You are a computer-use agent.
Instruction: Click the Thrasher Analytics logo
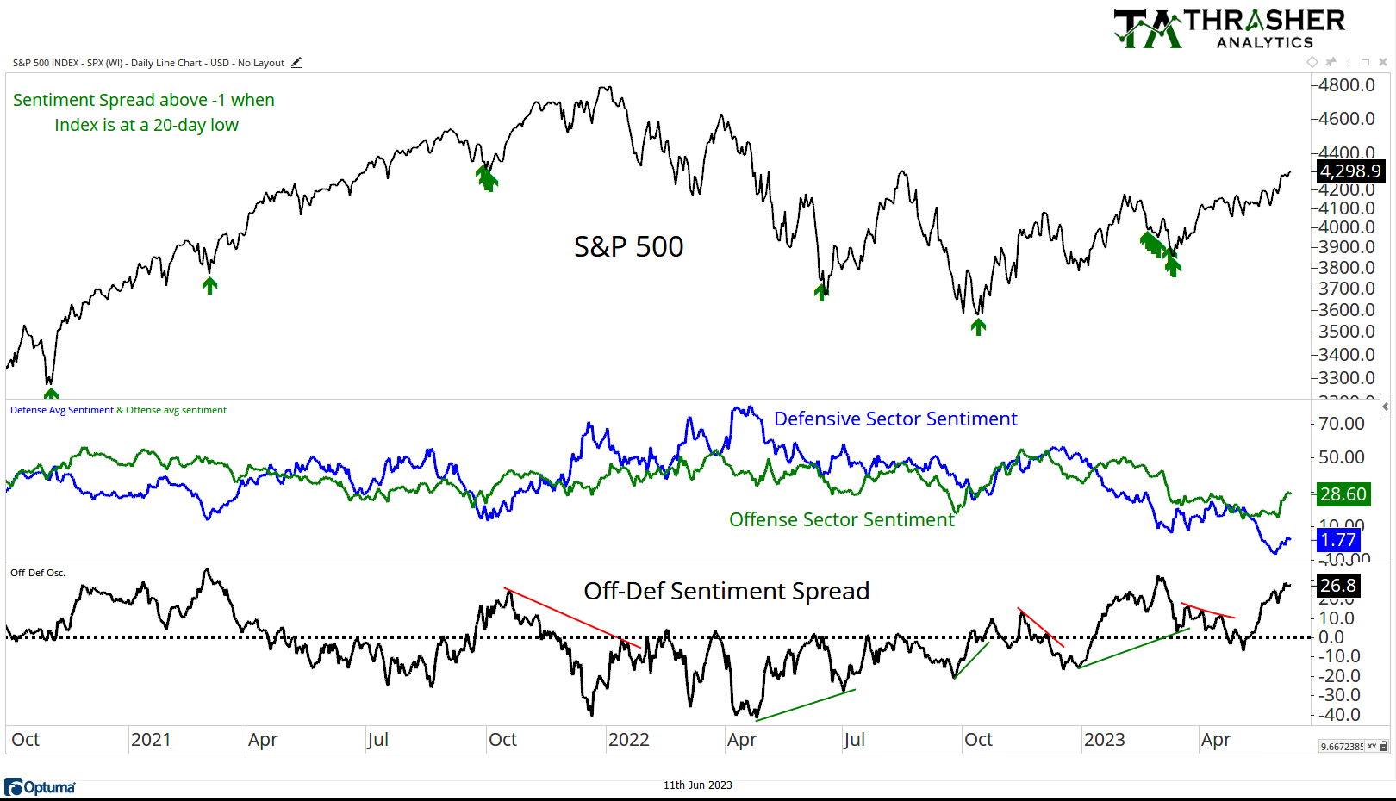click(1230, 28)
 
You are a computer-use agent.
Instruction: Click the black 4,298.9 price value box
click(1349, 171)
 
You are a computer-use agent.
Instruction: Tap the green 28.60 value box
click(1343, 494)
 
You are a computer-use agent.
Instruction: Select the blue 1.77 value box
click(1337, 540)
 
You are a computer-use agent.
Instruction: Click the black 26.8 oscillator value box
click(1337, 586)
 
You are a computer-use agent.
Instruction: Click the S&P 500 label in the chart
click(628, 247)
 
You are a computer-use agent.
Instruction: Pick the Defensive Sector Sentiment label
click(894, 419)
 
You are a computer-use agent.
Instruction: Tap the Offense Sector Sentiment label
click(841, 520)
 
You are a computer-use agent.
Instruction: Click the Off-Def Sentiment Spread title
click(726, 592)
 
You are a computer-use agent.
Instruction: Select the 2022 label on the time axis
click(628, 740)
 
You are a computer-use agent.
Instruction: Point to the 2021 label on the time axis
click(151, 740)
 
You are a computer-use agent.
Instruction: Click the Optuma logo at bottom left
click(40, 787)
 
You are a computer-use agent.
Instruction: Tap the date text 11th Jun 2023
click(697, 785)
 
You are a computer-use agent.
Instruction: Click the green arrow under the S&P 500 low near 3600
click(978, 326)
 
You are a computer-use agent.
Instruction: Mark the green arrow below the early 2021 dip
click(209, 285)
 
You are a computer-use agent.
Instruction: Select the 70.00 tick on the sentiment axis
click(1342, 424)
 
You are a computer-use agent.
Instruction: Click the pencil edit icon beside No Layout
click(296, 63)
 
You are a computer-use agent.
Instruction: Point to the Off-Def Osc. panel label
click(38, 573)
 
